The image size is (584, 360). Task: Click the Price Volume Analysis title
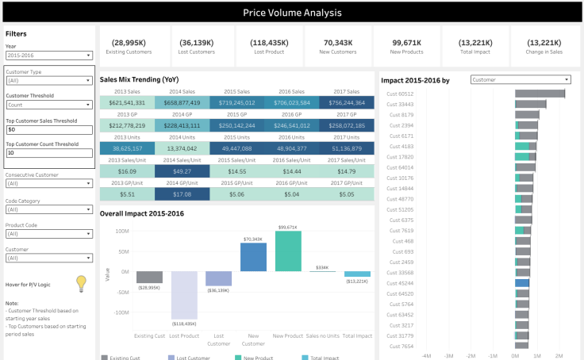(291, 13)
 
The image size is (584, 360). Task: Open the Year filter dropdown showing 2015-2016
(49, 56)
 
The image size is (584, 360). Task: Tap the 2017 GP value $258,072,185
(346, 125)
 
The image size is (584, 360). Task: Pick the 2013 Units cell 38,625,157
(127, 148)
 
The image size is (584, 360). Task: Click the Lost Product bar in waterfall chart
(184, 295)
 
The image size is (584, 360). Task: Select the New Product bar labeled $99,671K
(288, 251)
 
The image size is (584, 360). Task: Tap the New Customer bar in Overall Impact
(253, 257)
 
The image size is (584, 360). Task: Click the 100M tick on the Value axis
(122, 231)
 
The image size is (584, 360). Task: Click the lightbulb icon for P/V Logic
(80, 283)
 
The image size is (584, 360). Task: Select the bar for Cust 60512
(540, 94)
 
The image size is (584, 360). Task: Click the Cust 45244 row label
(400, 283)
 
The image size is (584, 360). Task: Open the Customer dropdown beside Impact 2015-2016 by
(520, 79)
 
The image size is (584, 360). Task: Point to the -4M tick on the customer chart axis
(426, 355)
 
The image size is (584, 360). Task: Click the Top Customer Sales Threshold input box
(49, 129)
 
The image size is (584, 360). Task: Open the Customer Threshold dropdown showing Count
(49, 104)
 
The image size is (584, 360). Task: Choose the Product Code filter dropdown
(49, 234)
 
